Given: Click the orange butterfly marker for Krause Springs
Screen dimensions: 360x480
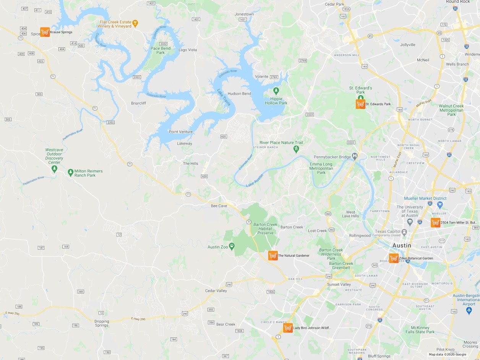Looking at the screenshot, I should pyautogui.click(x=45, y=32).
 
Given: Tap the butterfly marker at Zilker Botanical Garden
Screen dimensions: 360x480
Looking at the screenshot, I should pyautogui.click(x=394, y=258).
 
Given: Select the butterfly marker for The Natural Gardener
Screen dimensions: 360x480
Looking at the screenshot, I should pyautogui.click(x=273, y=255).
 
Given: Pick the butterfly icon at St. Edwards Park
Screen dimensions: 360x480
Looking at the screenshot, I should pyautogui.click(x=360, y=104).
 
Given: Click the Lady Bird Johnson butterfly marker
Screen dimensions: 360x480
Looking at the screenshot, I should pyautogui.click(x=288, y=328).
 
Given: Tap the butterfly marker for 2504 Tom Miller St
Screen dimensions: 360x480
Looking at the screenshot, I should pyautogui.click(x=435, y=222).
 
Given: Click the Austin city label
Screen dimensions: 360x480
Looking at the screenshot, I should pyautogui.click(x=402, y=245).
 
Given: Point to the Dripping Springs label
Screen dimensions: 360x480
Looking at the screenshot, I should pyautogui.click(x=102, y=323).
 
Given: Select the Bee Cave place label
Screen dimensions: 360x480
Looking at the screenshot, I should pyautogui.click(x=219, y=206).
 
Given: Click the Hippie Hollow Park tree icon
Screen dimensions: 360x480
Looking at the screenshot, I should pyautogui.click(x=276, y=91).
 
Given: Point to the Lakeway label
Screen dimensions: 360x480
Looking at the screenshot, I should pyautogui.click(x=185, y=144).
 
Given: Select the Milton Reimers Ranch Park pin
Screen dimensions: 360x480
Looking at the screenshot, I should pyautogui.click(x=70, y=173).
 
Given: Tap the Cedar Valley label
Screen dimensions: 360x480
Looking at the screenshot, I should pyautogui.click(x=216, y=291).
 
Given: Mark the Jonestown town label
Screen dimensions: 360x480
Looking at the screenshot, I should pyautogui.click(x=244, y=14).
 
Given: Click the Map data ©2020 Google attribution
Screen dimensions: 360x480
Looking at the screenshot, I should pyautogui.click(x=447, y=354).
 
